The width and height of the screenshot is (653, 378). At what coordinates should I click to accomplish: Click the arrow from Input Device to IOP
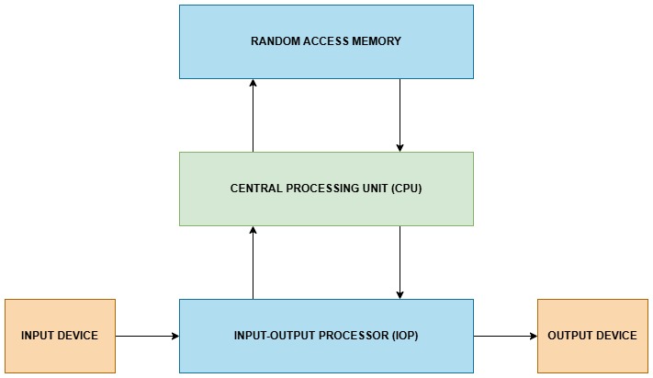pos(147,336)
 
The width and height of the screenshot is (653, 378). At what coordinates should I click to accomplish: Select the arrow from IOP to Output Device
pos(505,336)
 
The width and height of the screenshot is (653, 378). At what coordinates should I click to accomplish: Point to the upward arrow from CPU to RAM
pos(253,115)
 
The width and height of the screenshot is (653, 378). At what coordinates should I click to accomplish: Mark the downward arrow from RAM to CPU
pos(400,115)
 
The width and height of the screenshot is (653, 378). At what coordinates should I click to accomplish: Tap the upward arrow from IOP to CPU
pos(253,262)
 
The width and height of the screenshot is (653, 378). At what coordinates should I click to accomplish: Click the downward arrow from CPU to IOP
pos(400,262)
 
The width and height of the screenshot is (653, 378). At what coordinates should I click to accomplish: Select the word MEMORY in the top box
pos(377,41)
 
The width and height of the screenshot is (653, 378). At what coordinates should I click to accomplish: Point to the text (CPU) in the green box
pos(403,189)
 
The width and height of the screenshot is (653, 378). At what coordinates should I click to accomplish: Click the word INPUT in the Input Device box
pos(38,336)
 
